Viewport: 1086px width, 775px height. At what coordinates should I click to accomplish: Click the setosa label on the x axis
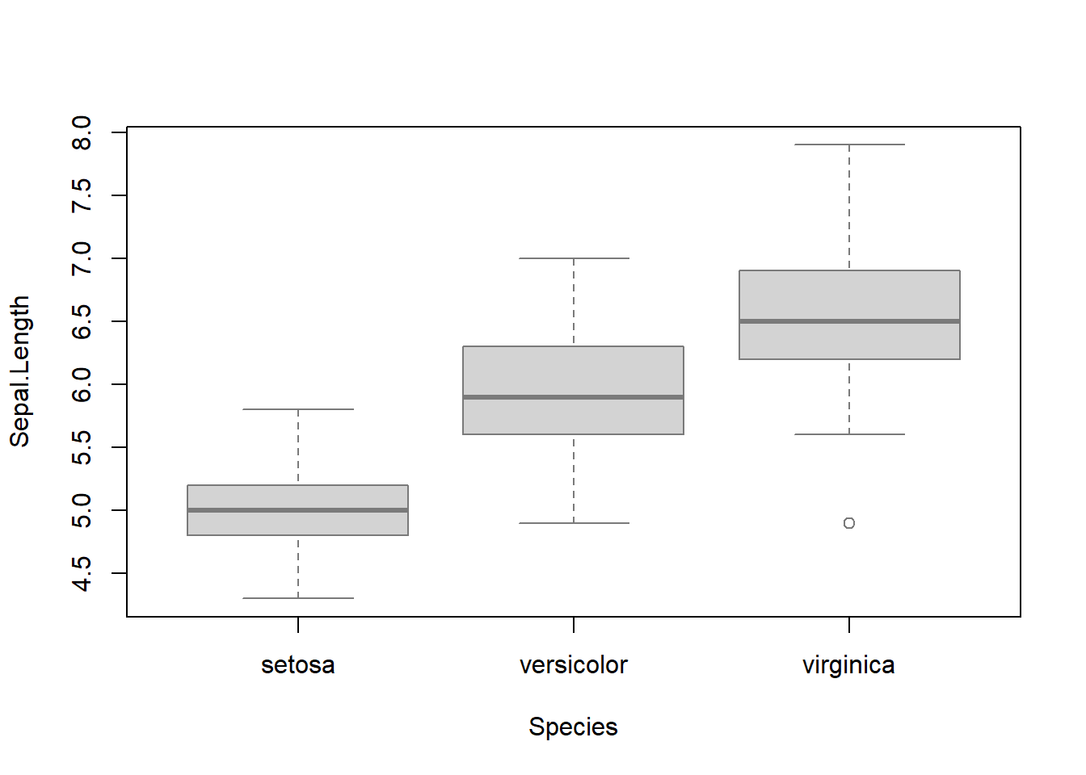297,665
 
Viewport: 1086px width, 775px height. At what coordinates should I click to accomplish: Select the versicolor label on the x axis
573,665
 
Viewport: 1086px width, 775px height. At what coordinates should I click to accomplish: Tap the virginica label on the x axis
848,665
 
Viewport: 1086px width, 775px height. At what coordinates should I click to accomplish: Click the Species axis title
573,727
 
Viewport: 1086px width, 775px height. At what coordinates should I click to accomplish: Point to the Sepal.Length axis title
19,371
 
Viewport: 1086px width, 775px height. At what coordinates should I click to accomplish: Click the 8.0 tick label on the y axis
82,132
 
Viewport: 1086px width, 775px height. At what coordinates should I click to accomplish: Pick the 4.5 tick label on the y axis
82,573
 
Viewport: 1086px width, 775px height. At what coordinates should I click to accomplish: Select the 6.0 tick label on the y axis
82,384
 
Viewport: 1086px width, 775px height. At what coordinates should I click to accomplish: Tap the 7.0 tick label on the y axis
82,258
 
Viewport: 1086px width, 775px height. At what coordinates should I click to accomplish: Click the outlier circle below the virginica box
849,523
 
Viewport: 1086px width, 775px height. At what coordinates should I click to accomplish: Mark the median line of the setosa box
297,510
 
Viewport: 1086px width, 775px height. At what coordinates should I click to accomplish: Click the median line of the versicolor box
573,397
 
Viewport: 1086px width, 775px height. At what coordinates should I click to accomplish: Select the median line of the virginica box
849,321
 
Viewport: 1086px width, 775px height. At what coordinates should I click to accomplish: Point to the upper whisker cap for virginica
849,145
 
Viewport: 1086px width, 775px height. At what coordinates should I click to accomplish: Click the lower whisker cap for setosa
297,598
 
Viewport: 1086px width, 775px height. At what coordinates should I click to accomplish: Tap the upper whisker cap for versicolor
573,258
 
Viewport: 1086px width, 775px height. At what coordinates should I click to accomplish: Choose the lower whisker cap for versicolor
573,523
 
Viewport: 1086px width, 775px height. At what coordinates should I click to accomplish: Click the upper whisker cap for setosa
297,409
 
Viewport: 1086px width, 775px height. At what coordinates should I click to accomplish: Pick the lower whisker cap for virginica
849,434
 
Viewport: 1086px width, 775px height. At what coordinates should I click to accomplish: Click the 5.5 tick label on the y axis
82,447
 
